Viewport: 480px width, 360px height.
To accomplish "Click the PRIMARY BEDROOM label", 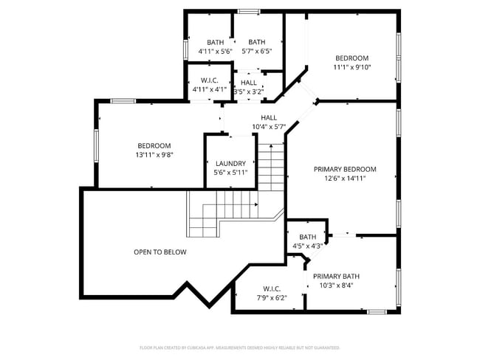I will pyautogui.click(x=345, y=169).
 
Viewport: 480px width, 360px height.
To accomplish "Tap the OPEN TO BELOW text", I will pyautogui.click(x=160, y=252).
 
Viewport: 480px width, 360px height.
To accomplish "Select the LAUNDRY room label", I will pyautogui.click(x=230, y=163).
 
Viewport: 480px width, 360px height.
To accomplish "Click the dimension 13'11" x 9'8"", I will pyautogui.click(x=154, y=155).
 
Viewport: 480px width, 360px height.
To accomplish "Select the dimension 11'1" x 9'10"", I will pyautogui.click(x=352, y=67).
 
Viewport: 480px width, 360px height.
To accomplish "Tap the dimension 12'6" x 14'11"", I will pyautogui.click(x=345, y=178).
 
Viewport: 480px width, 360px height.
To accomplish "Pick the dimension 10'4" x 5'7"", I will pyautogui.click(x=268, y=126).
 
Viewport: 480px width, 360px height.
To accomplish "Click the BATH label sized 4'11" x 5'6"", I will pyautogui.click(x=215, y=42).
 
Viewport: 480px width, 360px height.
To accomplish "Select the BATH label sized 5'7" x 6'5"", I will pyautogui.click(x=256, y=42).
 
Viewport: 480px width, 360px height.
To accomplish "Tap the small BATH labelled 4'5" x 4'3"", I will pyautogui.click(x=307, y=237).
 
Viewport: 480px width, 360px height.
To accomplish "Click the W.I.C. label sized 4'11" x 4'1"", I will pyautogui.click(x=210, y=80).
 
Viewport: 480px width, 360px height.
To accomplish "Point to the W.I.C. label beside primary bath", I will pyautogui.click(x=272, y=288).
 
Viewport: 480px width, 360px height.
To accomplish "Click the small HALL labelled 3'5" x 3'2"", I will pyautogui.click(x=248, y=83).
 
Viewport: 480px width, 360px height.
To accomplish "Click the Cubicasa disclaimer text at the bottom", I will pyautogui.click(x=239, y=347).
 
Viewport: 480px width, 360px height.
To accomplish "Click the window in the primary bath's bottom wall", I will pyautogui.click(x=377, y=312).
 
